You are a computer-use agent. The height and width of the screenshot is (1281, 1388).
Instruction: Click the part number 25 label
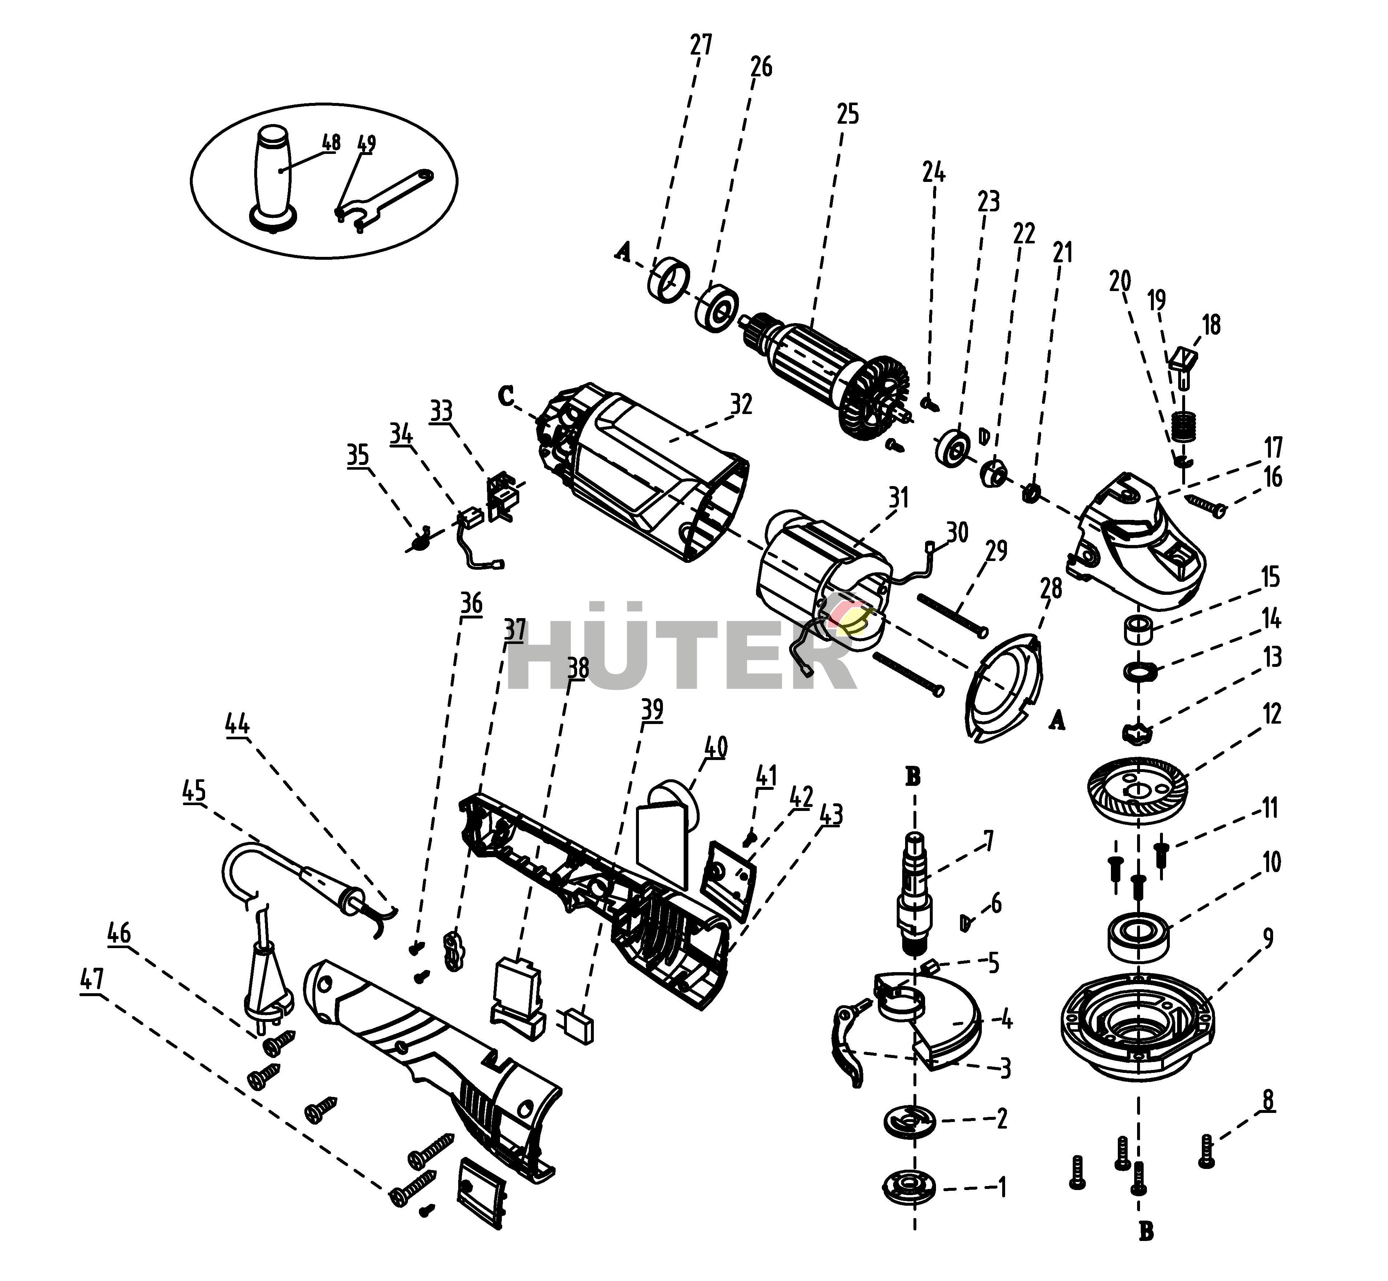point(847,114)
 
